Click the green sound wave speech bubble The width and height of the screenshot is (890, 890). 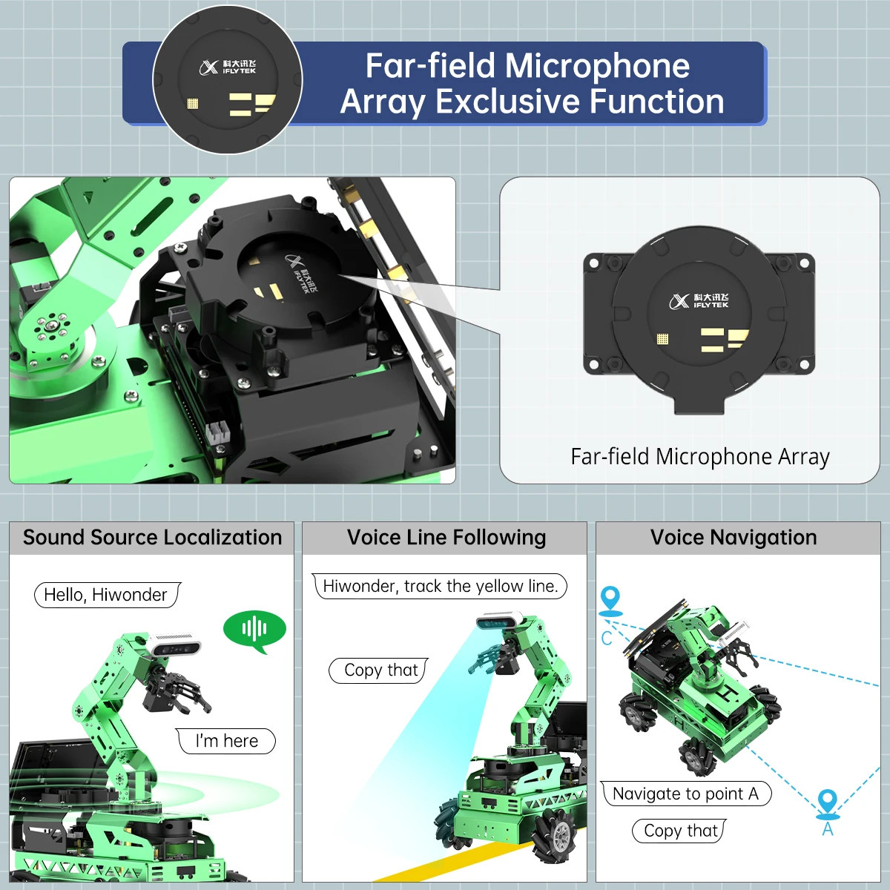coord(254,629)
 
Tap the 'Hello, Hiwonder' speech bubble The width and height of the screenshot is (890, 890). coord(106,595)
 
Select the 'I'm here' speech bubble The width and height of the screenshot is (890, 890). coord(226,741)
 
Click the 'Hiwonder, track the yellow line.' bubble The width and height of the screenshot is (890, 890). coord(440,586)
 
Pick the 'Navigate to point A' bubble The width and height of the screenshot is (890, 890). coord(685,794)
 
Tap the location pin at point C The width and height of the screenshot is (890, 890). coord(610,599)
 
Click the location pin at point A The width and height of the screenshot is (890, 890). coord(828,803)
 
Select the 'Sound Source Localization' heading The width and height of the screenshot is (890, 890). coord(152,538)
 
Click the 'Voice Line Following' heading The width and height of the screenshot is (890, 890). coord(446,538)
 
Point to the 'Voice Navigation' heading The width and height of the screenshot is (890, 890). coord(734,538)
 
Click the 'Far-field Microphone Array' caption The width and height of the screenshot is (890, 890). coord(699,457)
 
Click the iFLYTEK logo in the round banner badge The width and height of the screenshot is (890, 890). coord(228,67)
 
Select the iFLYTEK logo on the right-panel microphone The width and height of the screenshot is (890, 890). coord(699,300)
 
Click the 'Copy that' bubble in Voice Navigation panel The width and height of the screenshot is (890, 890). coord(679,831)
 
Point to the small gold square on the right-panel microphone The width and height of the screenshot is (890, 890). coord(662,339)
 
